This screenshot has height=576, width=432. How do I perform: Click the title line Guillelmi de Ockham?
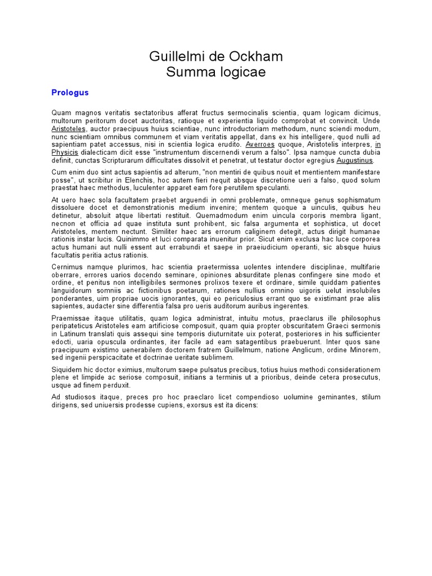pos(216,56)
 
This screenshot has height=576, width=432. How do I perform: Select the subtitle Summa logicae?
pos(216,73)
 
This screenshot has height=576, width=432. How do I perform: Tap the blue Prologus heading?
pos(70,92)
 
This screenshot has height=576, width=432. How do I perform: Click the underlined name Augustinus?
pos(354,160)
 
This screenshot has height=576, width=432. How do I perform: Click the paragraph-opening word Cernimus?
pos(67,267)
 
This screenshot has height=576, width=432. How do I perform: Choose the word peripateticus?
pos(72,326)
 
